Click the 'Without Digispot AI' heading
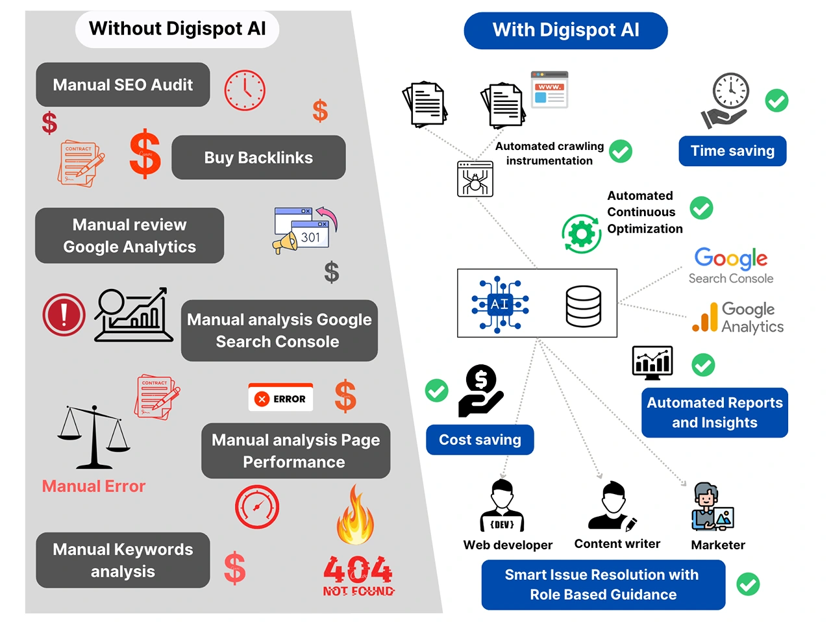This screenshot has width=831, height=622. (177, 29)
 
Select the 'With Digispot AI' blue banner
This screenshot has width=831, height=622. (565, 31)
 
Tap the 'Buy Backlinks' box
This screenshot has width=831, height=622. (258, 158)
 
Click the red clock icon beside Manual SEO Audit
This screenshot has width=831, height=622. (245, 90)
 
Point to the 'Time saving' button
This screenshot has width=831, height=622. (732, 151)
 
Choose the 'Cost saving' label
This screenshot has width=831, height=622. (480, 440)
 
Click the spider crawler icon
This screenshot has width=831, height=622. (475, 179)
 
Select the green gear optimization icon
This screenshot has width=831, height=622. (581, 234)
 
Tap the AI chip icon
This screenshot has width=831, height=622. (499, 304)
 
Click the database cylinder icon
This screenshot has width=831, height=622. (583, 306)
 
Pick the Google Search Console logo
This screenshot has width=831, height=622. (731, 266)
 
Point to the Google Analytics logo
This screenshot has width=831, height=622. (738, 317)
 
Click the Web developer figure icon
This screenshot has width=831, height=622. (502, 506)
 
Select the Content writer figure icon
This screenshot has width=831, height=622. (612, 506)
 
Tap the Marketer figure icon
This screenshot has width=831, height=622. (712, 507)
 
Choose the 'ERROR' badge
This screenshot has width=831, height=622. (280, 398)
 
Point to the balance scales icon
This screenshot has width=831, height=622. (94, 436)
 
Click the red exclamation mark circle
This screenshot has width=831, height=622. (64, 315)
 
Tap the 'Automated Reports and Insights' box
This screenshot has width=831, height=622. (714, 413)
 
